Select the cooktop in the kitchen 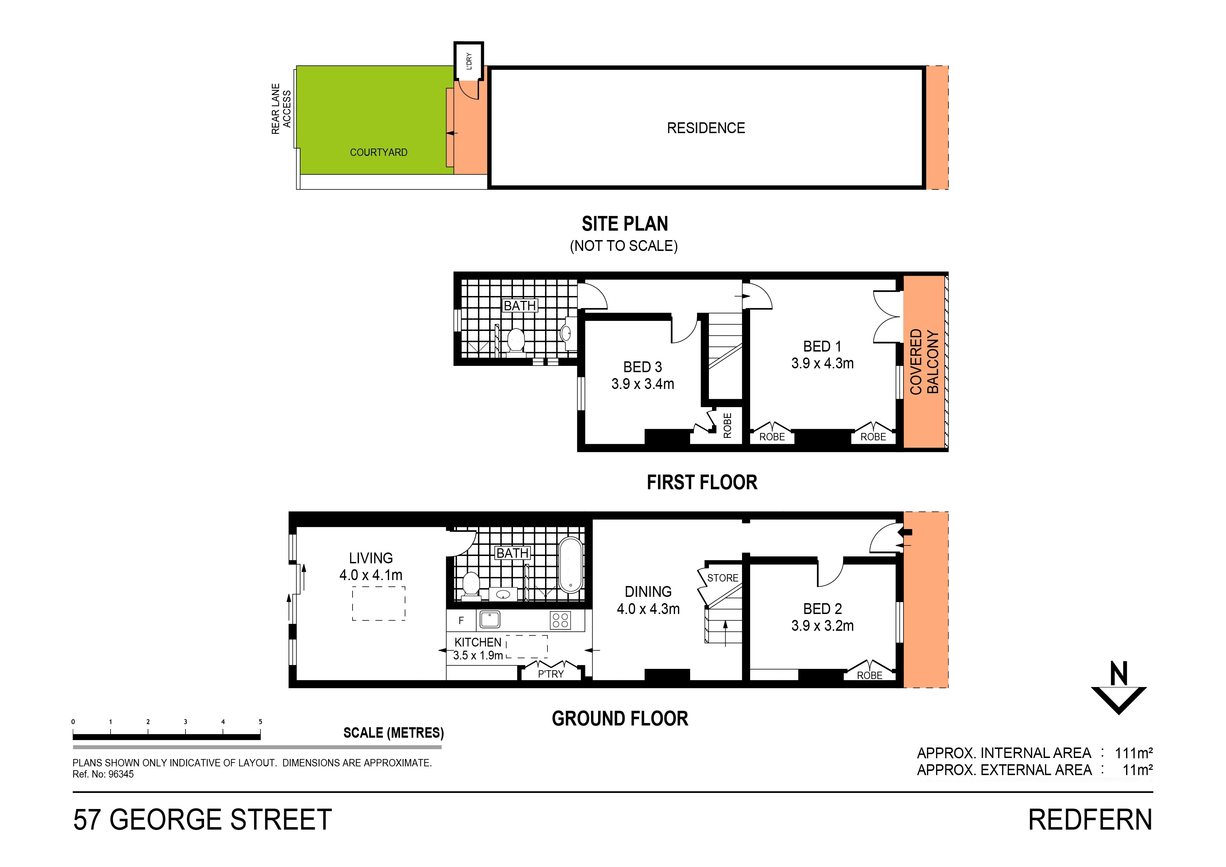pyautogui.click(x=560, y=620)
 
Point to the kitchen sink pyautogui.click(x=489, y=620)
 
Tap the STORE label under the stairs pyautogui.click(x=723, y=578)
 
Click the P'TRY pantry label pyautogui.click(x=551, y=674)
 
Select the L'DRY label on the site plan pyautogui.click(x=469, y=61)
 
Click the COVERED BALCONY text pyautogui.click(x=924, y=362)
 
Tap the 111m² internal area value pyautogui.click(x=1133, y=753)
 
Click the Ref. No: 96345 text pyautogui.click(x=103, y=774)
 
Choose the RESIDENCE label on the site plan pyautogui.click(x=705, y=128)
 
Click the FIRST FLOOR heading pyautogui.click(x=702, y=482)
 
